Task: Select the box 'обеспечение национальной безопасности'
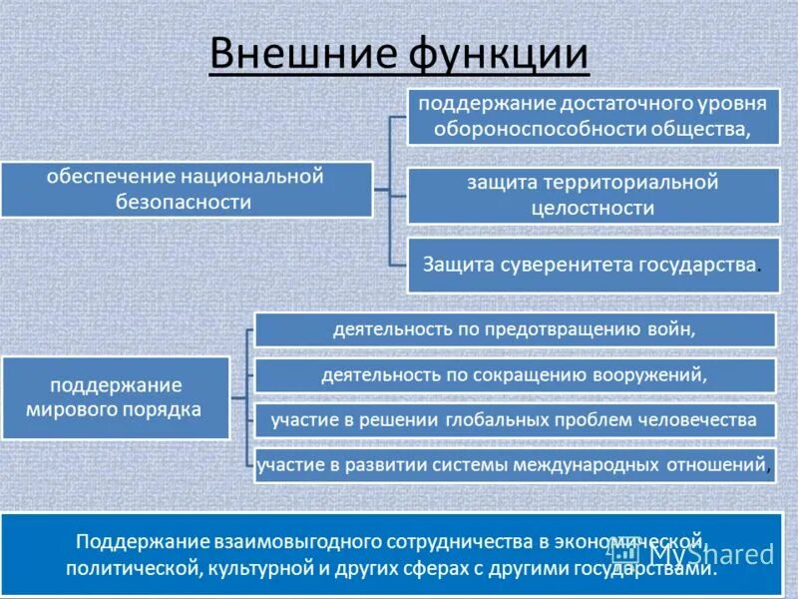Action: (x=186, y=189)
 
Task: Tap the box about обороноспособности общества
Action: (x=593, y=116)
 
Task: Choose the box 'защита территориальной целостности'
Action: (x=593, y=196)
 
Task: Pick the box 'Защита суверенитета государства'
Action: (x=593, y=265)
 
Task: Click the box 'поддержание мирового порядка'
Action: (x=116, y=396)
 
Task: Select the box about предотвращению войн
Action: (x=515, y=329)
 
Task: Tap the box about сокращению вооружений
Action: (x=515, y=375)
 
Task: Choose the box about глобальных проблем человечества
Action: (x=515, y=420)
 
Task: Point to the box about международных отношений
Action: (x=515, y=465)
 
